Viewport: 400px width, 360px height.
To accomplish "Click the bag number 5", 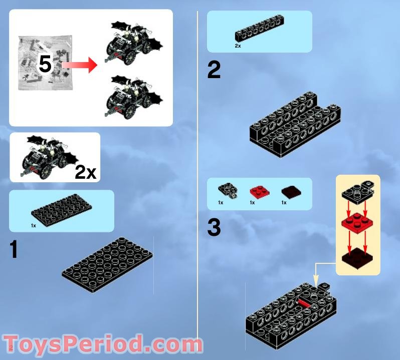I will tap(45, 64).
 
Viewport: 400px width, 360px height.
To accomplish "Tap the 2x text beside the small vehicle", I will tap(85, 172).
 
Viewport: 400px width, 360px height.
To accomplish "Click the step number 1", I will tap(14, 249).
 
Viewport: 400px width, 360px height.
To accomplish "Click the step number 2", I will tap(214, 70).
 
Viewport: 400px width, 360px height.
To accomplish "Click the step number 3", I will tap(214, 228).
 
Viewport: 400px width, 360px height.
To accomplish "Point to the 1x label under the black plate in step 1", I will tap(34, 226).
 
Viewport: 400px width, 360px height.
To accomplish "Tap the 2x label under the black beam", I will tap(238, 46).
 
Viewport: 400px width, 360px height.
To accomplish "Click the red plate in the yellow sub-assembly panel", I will tap(356, 223).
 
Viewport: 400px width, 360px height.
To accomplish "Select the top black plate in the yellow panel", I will tap(357, 191).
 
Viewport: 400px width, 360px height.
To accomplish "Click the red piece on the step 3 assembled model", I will tap(304, 302).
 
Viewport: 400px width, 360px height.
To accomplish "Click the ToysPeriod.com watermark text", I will tap(103, 345).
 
